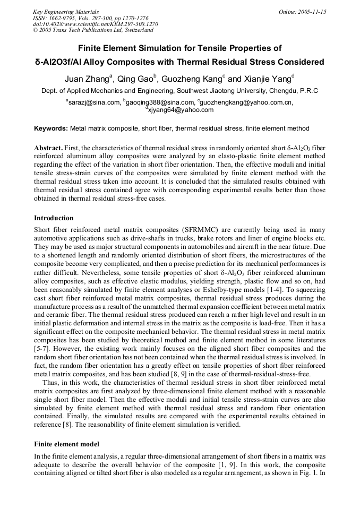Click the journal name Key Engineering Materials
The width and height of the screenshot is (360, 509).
[66, 11]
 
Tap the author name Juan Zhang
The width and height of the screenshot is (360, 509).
[88, 79]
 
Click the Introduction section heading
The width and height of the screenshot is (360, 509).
[54, 218]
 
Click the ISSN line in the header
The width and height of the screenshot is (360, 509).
[91, 18]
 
